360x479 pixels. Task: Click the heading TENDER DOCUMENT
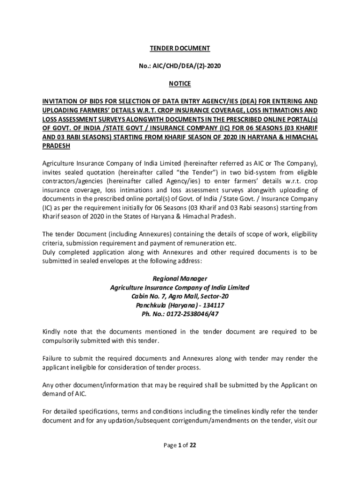[180, 48]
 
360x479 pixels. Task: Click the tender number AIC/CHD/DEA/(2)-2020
[187, 66]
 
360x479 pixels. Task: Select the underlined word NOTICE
[180, 84]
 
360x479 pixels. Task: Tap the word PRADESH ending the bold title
[56, 146]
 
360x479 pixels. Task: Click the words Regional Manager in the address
[180, 279]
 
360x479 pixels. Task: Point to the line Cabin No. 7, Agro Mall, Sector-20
[180, 297]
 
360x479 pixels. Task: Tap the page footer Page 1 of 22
[180, 445]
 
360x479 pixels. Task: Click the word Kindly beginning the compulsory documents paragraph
[52, 332]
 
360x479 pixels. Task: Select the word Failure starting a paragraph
[53, 359]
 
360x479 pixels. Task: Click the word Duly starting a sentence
[50, 253]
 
